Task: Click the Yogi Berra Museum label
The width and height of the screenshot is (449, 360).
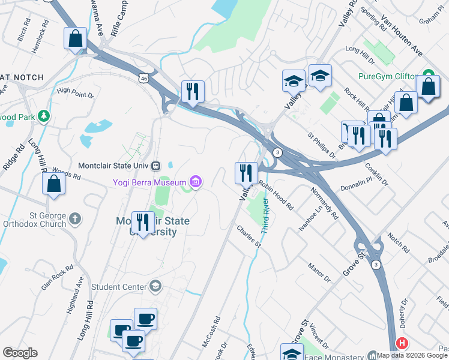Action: (150, 181)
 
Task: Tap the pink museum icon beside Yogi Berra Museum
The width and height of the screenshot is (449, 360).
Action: (195, 181)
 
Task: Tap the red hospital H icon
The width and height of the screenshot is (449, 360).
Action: (401, 343)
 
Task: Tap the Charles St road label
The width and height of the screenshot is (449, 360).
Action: (249, 236)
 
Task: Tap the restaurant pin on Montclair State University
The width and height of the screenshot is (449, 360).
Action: (143, 223)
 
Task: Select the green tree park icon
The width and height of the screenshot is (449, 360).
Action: (43, 115)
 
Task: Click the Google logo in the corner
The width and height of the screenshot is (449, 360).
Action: (20, 353)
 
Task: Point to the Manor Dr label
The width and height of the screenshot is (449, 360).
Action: (319, 270)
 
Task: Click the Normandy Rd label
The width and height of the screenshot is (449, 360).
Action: (325, 203)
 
